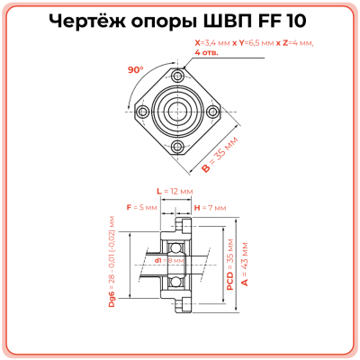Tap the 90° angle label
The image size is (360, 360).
point(136,69)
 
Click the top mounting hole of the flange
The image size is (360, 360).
point(177,76)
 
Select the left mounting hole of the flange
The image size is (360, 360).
point(143,112)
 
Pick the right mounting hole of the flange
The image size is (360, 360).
point(212,112)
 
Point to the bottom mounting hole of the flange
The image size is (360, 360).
point(177,146)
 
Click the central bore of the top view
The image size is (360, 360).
point(177,112)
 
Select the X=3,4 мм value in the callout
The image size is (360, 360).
point(214,42)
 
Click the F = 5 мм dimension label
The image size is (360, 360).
point(142,208)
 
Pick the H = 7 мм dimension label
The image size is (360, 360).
point(209,208)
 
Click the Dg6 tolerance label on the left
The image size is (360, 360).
point(112,261)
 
